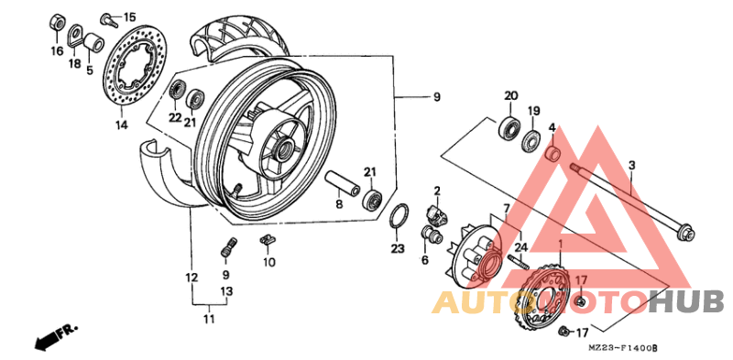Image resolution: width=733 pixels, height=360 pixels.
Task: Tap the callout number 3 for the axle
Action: pyautogui.click(x=631, y=166)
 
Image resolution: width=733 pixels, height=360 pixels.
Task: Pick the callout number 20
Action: pyautogui.click(x=510, y=95)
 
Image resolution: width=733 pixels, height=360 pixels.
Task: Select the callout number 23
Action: pyautogui.click(x=397, y=248)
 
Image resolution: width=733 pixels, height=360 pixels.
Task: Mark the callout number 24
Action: pyautogui.click(x=520, y=246)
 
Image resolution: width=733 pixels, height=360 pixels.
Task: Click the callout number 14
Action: pyautogui.click(x=121, y=124)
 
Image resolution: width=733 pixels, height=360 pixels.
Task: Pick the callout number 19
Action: pyautogui.click(x=533, y=112)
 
